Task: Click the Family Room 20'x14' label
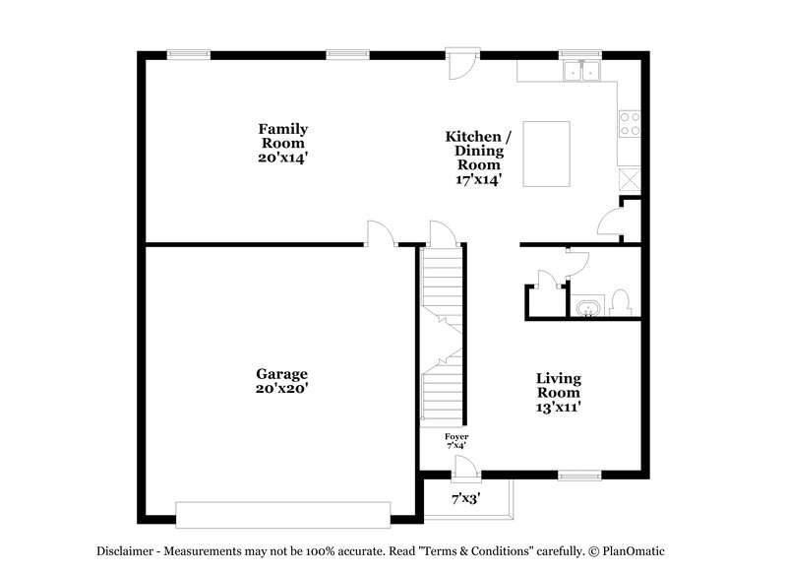coord(283,143)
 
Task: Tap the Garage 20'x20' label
coord(282,381)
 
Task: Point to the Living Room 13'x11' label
coord(558,393)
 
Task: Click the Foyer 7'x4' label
coord(456,440)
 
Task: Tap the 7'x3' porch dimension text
coord(465,499)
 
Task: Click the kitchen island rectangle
coord(546,154)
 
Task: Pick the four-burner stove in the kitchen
coord(629,124)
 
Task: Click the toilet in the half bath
coord(620,302)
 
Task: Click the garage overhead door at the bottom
coord(282,514)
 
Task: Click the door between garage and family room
coord(380,233)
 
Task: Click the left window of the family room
coord(188,55)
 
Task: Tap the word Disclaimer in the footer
coord(126,552)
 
